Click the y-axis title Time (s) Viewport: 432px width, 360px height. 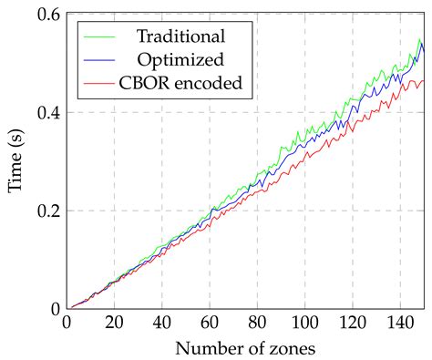[15, 161]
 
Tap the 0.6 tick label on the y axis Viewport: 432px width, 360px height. [47, 15]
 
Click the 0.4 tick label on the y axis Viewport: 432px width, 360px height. [47, 113]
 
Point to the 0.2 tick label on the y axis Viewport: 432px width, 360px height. [47, 211]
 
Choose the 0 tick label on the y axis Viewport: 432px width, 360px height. [54, 309]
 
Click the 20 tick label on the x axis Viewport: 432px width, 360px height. [114, 323]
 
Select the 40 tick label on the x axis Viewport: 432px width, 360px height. [161, 323]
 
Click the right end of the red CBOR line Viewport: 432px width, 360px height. [423, 81]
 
